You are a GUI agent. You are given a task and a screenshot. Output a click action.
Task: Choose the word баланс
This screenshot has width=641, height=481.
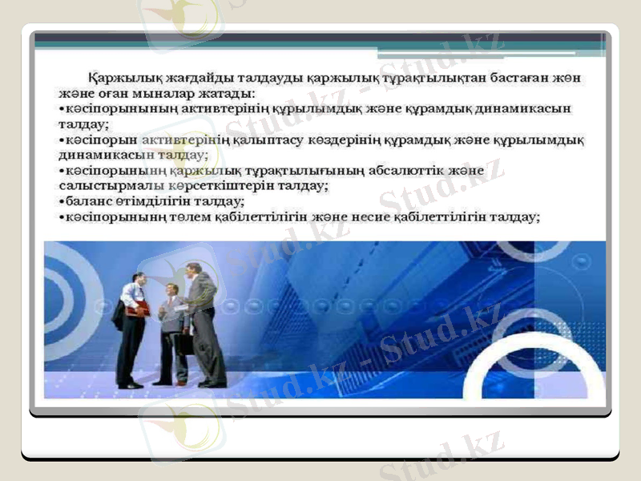[x=89, y=200]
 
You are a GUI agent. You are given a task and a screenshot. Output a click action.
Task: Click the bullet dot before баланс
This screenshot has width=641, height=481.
[x=62, y=200]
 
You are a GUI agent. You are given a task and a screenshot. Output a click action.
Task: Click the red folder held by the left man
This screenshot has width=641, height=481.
[x=139, y=308]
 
